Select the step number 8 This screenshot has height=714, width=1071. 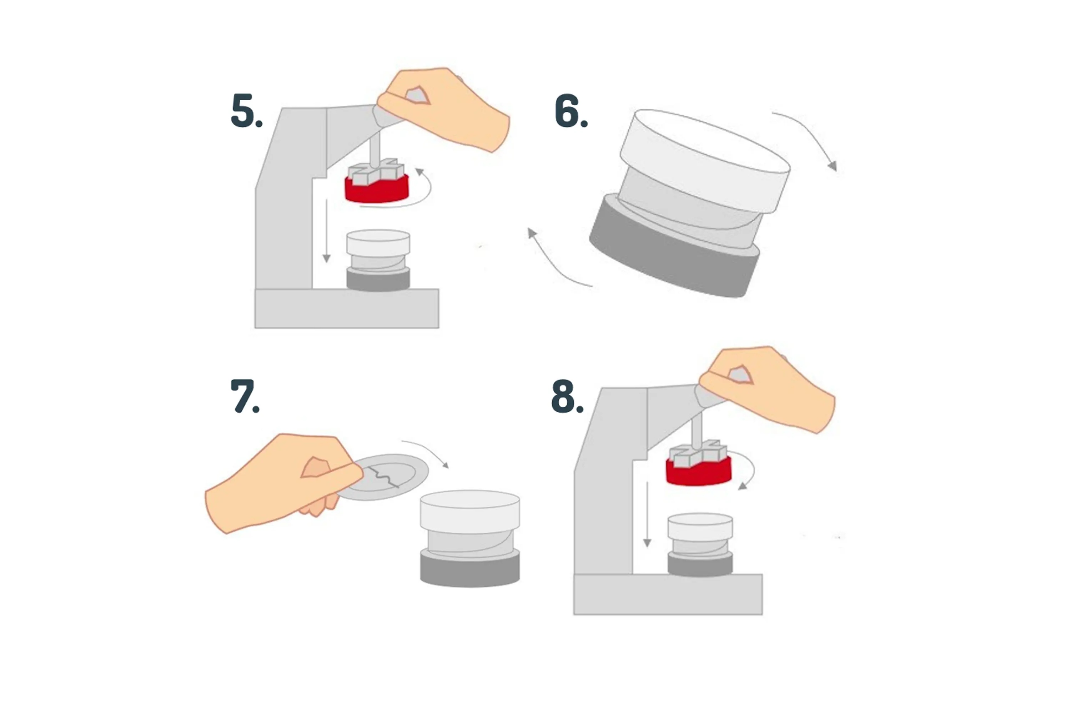(567, 396)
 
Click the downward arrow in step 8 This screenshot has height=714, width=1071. (647, 514)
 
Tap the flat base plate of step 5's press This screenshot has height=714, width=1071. (347, 308)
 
